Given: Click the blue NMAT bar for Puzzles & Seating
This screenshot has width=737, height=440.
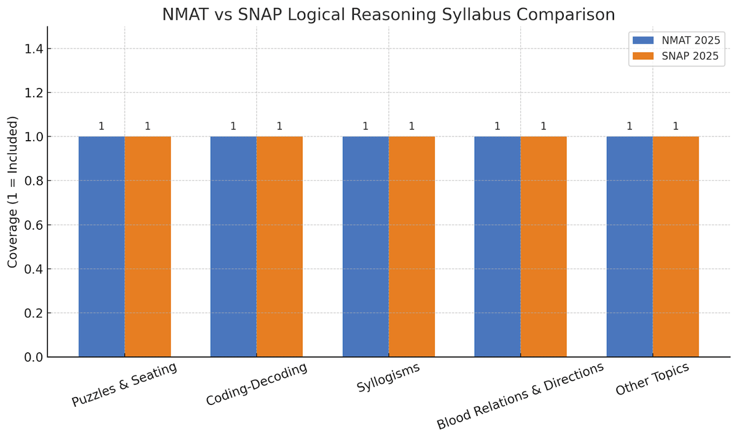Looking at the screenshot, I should point(101,246).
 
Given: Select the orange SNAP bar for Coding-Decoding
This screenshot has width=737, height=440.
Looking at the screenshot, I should point(279,246).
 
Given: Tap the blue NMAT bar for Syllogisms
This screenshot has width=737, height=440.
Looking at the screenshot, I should point(365,246).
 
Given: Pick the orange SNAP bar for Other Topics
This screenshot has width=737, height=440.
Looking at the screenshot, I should point(676,246).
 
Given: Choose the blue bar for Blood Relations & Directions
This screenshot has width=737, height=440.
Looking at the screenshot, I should point(497,246).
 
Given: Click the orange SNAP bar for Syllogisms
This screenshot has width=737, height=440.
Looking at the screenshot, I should point(411,246).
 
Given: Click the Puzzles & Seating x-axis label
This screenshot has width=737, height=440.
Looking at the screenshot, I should point(125,385).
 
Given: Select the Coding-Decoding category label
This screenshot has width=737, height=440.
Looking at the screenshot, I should point(257,385).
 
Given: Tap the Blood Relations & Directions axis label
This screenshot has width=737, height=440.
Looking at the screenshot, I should point(520,396).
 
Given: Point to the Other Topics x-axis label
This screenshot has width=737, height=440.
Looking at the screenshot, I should point(652,380).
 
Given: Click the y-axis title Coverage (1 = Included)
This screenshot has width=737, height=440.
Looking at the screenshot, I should point(13,192).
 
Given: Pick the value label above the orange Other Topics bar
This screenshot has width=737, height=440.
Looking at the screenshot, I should point(676,127).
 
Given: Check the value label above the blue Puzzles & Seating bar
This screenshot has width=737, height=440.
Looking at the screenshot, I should point(101,127).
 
